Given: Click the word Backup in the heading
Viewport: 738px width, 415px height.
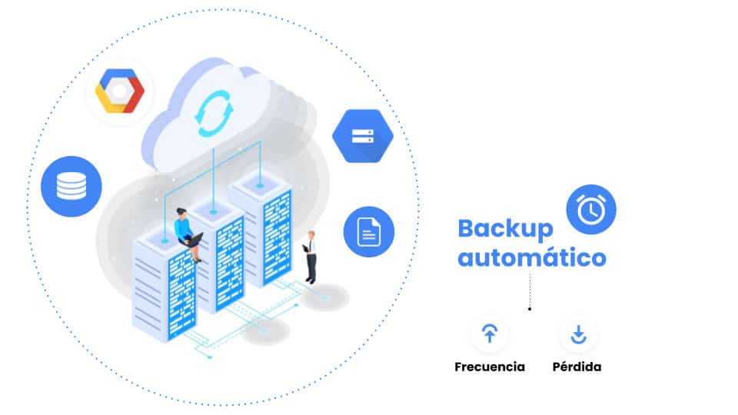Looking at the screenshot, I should (505, 228).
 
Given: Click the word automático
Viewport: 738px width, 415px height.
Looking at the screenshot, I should (531, 257).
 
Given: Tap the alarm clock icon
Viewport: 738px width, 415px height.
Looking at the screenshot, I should (590, 209).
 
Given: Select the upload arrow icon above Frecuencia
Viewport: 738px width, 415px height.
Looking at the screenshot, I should (489, 334).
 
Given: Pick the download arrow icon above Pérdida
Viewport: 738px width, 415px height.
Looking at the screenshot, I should (578, 334).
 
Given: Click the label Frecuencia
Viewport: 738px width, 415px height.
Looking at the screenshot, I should (490, 367).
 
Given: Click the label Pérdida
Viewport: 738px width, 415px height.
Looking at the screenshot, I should (577, 367).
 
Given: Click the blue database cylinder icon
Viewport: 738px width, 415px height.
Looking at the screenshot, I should (71, 186).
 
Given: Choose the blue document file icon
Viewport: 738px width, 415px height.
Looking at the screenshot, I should (368, 231).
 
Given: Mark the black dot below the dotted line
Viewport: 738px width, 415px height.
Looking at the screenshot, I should (530, 309).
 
